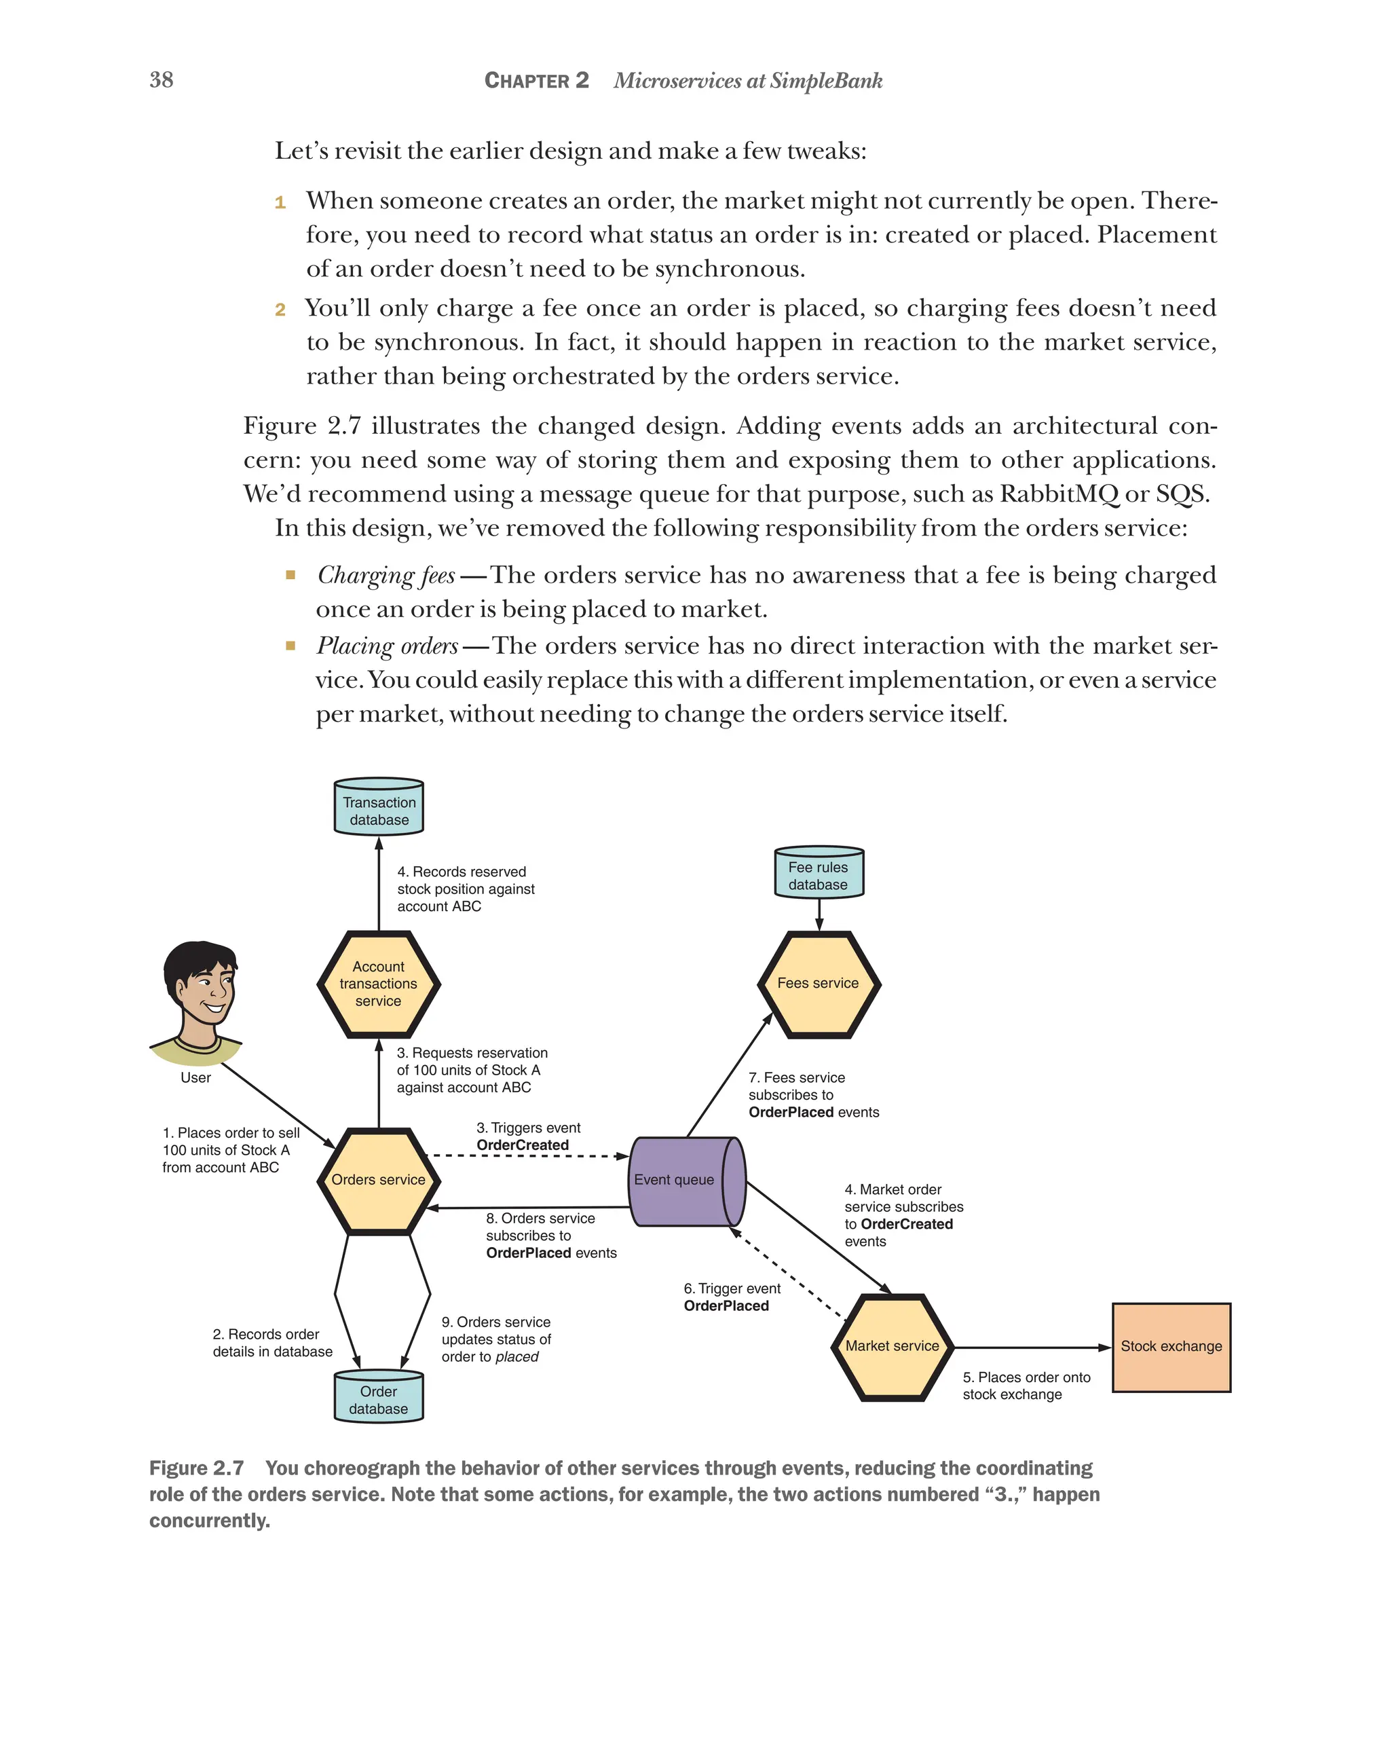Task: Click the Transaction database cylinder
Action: (379, 807)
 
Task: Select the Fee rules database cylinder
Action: (819, 873)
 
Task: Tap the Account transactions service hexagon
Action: (379, 984)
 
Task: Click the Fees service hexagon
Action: (819, 984)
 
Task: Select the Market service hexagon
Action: (892, 1346)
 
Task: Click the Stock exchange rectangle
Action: (1171, 1347)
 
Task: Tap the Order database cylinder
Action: (379, 1398)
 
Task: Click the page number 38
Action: (161, 79)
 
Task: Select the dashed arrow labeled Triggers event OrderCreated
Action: (525, 1155)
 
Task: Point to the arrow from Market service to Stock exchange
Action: (1031, 1348)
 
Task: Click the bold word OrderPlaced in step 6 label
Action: (726, 1305)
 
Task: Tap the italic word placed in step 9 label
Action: (516, 1356)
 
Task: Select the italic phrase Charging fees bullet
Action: (386, 575)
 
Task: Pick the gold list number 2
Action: (280, 309)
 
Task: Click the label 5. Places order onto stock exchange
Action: (1026, 1386)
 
